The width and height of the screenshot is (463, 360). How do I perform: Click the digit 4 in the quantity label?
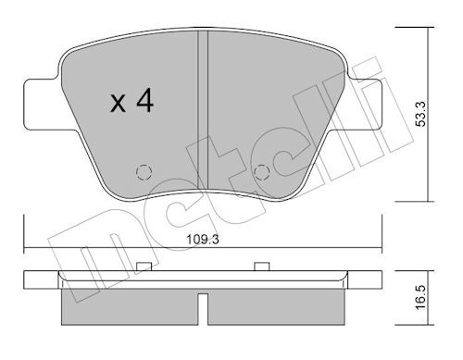click(144, 102)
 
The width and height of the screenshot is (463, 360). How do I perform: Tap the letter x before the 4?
click(118, 105)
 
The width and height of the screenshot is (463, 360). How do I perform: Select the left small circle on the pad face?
click(144, 171)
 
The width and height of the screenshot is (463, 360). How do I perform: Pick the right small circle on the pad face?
click(263, 171)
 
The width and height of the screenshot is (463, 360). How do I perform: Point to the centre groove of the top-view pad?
click(203, 111)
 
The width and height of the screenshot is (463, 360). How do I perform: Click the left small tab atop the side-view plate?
click(144, 267)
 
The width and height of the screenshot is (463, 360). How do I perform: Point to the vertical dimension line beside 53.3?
click(429, 111)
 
